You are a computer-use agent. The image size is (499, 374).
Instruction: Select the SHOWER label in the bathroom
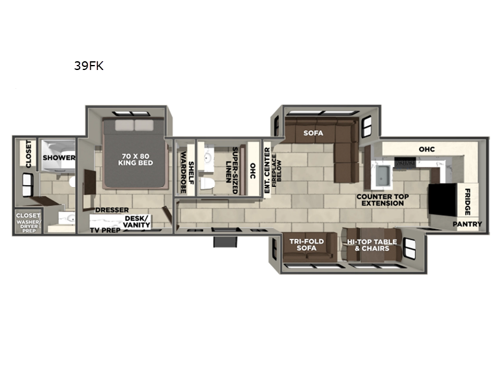click(59, 157)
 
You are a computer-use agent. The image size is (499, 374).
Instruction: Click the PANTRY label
click(467, 224)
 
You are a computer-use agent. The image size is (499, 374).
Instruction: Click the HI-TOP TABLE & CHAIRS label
click(370, 246)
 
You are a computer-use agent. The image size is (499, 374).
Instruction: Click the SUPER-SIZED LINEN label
click(237, 169)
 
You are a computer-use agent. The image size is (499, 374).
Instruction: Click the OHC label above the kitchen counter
click(426, 150)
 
